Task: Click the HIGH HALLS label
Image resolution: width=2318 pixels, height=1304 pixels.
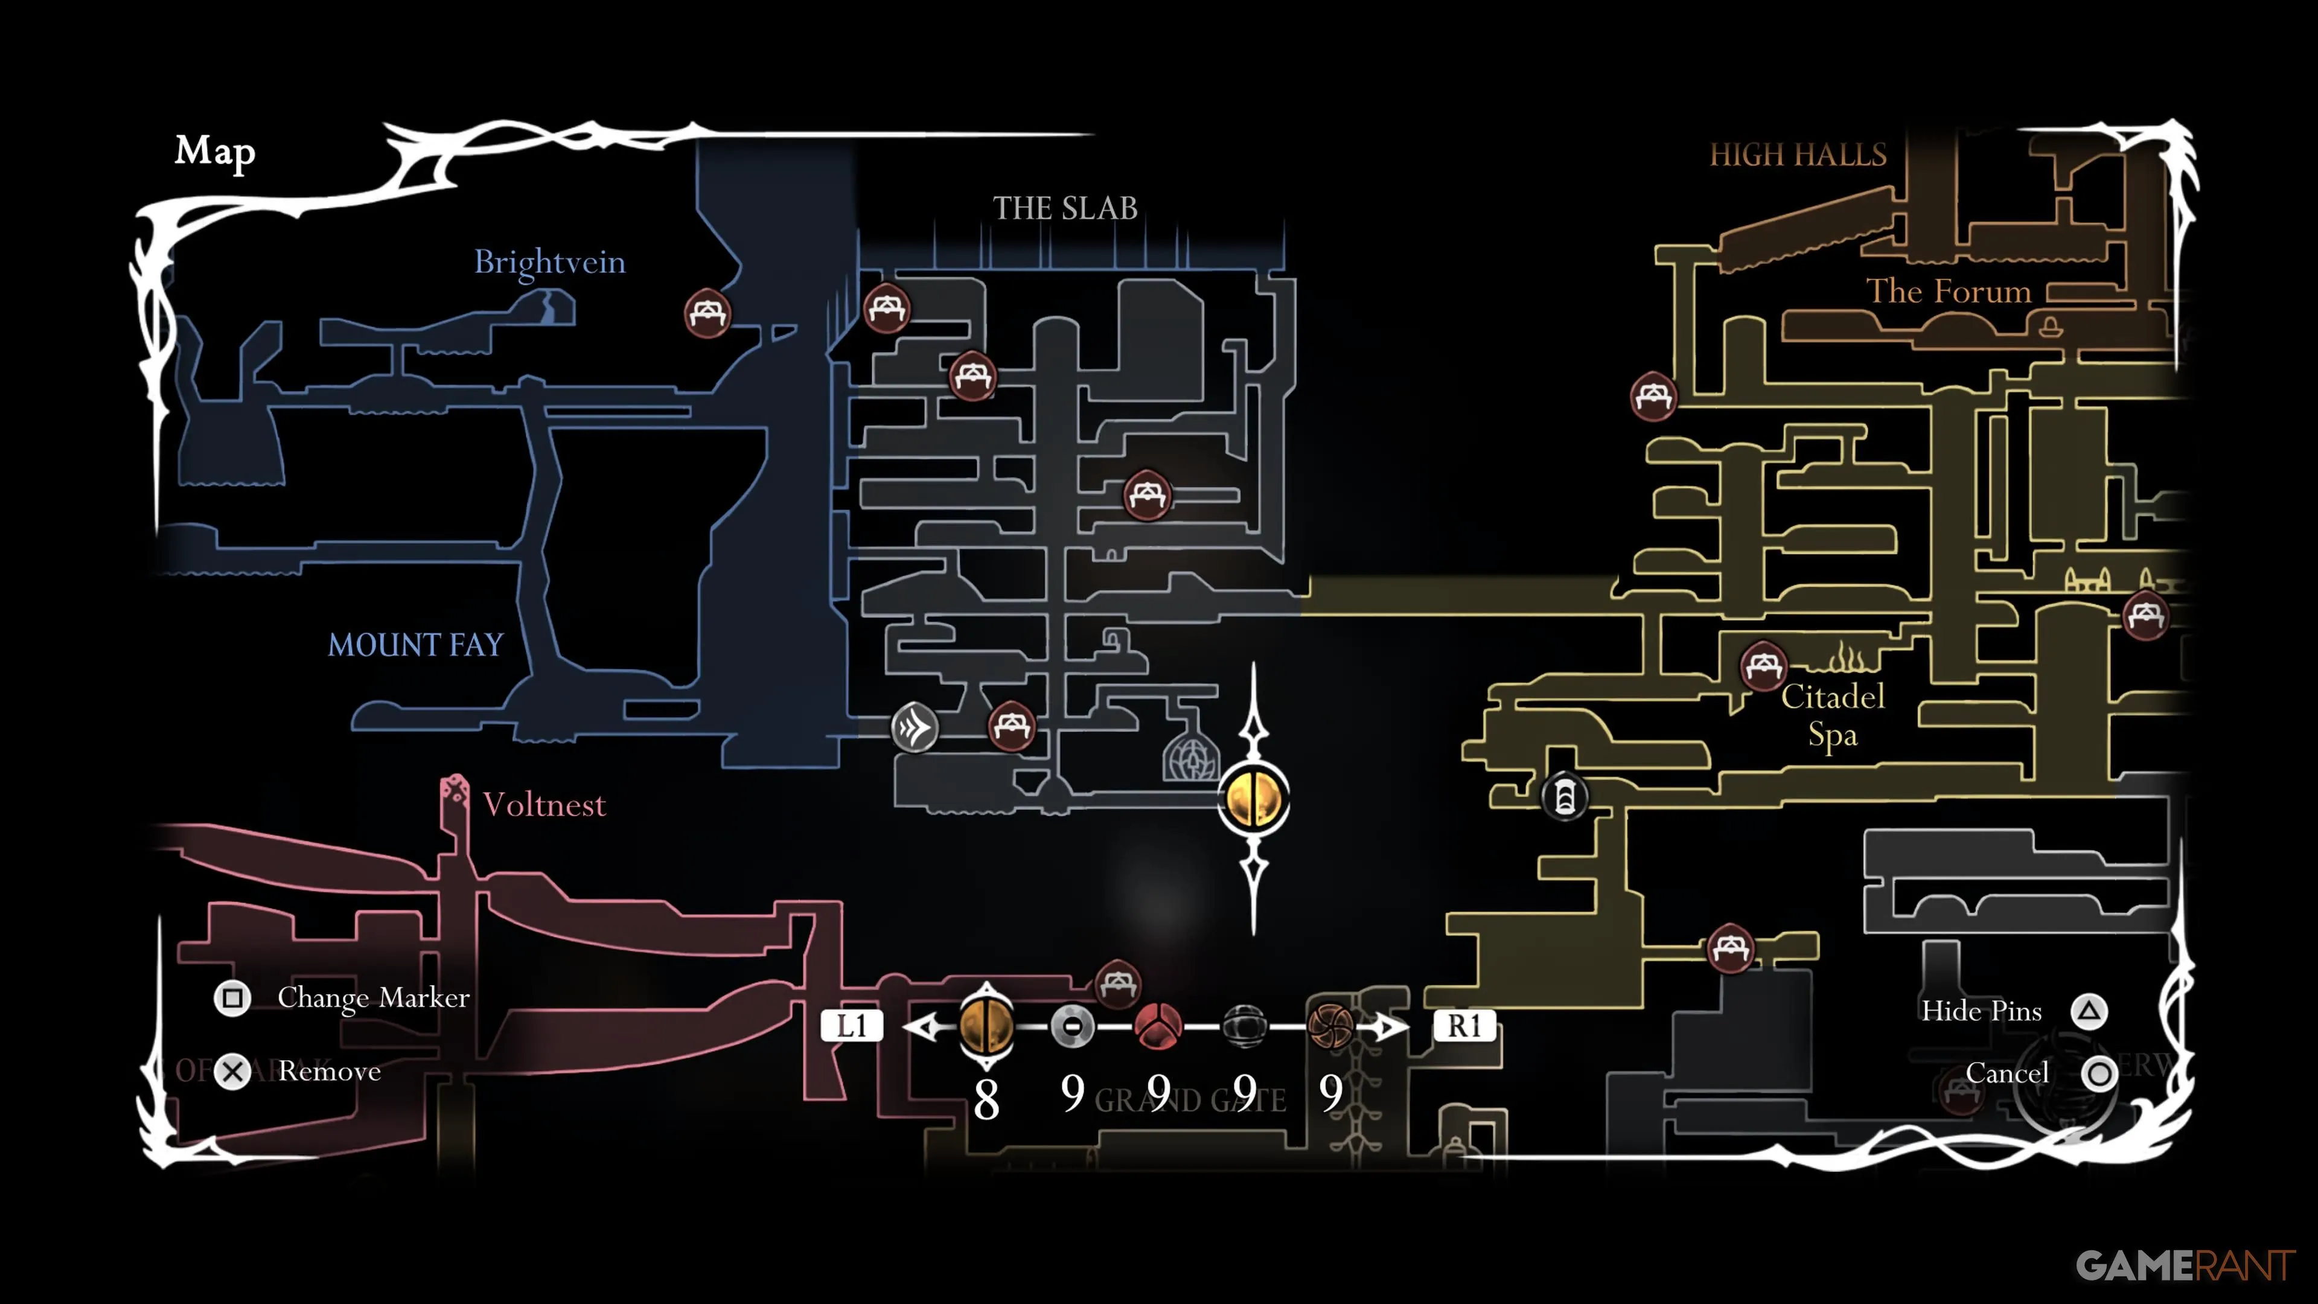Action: [x=1797, y=155]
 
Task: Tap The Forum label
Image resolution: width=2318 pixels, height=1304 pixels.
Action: [x=1948, y=292]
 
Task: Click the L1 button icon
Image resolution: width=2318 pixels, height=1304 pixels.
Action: [x=851, y=1026]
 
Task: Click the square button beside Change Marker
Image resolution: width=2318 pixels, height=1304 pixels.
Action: [x=232, y=998]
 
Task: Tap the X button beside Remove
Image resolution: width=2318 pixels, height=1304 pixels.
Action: [x=233, y=1072]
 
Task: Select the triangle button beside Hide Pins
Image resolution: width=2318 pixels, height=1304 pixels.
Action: [x=2089, y=1012]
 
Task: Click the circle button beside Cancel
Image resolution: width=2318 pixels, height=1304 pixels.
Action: [x=2099, y=1073]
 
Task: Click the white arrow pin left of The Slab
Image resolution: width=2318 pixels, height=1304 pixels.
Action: [x=915, y=726]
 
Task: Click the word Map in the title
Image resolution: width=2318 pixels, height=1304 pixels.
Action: [x=215, y=151]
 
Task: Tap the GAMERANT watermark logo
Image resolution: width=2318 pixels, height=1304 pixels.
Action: [x=2185, y=1266]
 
